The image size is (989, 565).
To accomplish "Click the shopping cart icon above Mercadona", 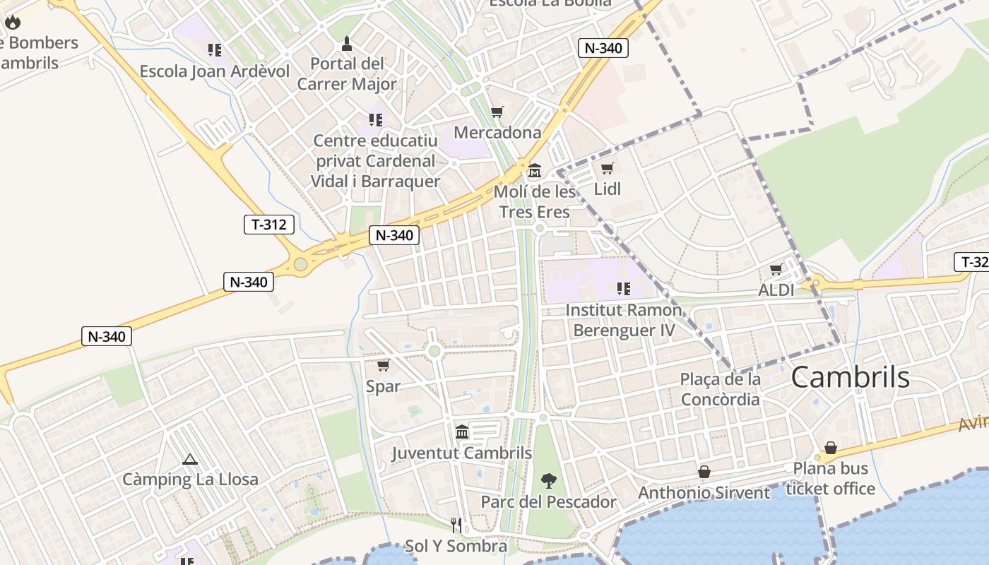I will click(497, 112).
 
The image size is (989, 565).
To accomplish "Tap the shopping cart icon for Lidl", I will click(607, 169).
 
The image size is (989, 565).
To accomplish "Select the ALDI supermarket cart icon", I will click(776, 270).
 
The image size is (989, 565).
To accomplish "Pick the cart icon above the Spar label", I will click(383, 365).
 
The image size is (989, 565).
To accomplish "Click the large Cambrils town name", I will click(850, 377).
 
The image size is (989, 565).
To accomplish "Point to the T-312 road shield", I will click(268, 225).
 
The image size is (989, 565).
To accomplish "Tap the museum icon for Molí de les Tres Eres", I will click(535, 171).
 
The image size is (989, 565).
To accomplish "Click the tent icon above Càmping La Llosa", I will click(189, 459).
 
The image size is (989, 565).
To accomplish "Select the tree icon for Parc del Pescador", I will click(548, 482).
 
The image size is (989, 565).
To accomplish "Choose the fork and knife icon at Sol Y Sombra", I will click(456, 525).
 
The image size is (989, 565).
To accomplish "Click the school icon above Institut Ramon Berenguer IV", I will click(623, 288).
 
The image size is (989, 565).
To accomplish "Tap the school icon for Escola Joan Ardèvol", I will click(215, 49).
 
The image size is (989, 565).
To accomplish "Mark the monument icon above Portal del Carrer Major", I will click(347, 44).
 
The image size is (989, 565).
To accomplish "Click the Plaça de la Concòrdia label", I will click(720, 389).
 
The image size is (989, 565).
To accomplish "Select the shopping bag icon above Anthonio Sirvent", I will click(704, 472).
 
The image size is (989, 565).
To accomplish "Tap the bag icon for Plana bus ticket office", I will click(831, 448).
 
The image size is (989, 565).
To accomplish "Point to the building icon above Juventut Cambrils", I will click(462, 431).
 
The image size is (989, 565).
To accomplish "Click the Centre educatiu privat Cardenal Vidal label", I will click(375, 161).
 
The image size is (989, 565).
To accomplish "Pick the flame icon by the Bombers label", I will click(13, 22).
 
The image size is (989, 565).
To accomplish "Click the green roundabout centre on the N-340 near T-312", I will click(301, 264).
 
